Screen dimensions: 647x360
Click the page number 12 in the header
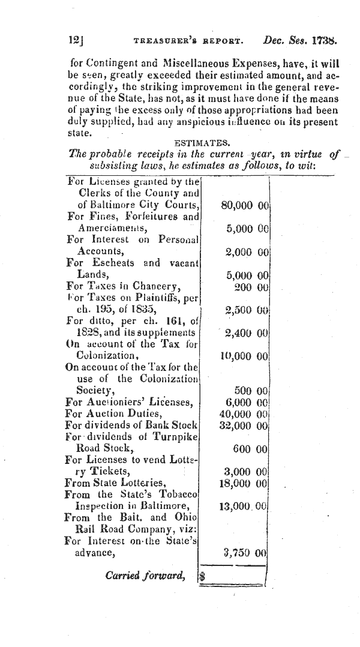click(x=76, y=41)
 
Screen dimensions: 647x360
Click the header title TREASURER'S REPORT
click(x=187, y=43)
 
